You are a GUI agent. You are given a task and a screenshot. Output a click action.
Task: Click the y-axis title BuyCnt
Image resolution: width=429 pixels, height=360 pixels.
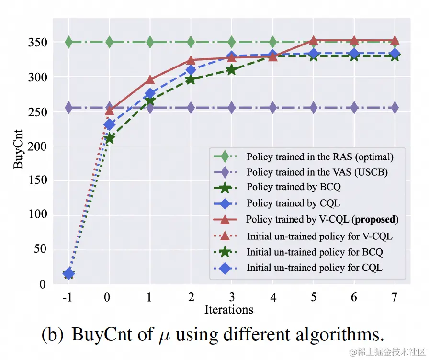coord(18,151)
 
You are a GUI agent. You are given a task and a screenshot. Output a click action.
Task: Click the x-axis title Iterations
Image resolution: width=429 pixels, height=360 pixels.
coord(229,309)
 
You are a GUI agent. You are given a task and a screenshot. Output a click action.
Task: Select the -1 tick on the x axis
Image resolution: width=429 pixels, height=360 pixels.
coord(68,297)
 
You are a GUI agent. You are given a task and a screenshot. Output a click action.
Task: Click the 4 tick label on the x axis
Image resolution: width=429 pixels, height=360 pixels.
coord(272,297)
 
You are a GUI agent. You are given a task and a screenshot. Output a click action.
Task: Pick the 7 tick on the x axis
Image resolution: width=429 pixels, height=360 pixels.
coord(395,297)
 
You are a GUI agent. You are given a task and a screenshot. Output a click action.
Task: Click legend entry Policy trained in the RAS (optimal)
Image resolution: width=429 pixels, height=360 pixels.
coord(320,157)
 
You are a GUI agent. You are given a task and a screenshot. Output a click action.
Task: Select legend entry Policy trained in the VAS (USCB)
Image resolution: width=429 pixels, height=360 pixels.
coord(317,172)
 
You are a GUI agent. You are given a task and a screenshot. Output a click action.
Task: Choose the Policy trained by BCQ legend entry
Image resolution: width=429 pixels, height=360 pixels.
coord(293,187)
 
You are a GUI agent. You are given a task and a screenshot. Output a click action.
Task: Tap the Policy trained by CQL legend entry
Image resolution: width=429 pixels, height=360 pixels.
coord(293,203)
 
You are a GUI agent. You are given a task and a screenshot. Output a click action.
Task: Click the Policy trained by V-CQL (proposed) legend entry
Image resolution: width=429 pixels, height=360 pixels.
coord(322,220)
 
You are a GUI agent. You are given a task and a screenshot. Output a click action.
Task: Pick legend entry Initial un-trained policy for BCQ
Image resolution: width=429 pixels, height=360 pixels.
coord(315,252)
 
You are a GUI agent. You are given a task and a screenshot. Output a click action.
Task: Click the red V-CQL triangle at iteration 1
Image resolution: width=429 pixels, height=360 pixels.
coord(150,80)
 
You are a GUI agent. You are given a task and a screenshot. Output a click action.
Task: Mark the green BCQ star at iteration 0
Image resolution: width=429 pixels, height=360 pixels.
coord(109,139)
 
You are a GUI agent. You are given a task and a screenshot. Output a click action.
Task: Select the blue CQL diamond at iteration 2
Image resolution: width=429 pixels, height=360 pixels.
coord(191,70)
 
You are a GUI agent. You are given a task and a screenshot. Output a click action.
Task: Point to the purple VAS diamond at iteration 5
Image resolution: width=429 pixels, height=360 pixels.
coord(313,108)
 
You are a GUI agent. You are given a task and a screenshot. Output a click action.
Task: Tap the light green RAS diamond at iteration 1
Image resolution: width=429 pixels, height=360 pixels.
coord(150,43)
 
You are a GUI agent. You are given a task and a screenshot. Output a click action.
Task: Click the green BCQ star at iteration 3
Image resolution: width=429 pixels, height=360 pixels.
coord(231,70)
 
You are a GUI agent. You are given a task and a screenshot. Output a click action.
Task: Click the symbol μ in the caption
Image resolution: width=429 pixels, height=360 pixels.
coord(164,336)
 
